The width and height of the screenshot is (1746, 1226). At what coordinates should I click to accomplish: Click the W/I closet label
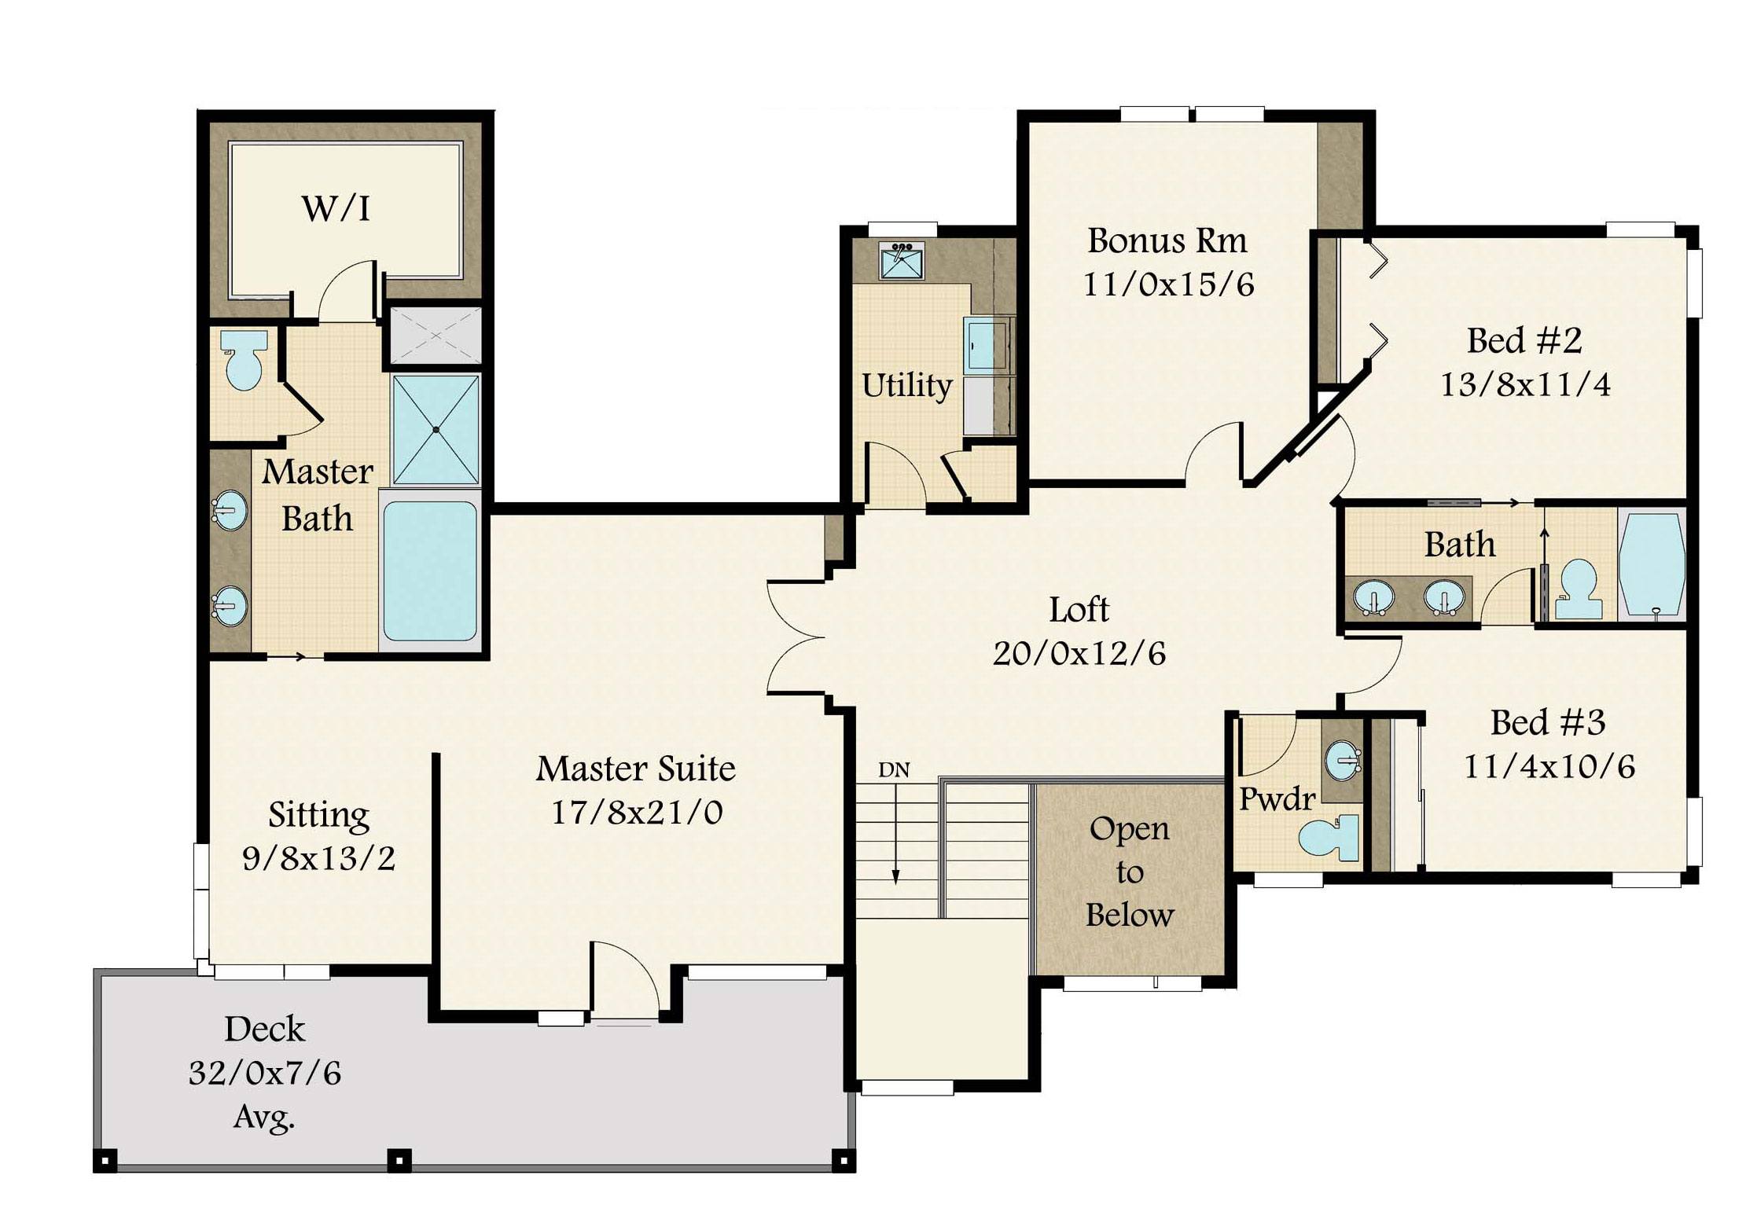pyautogui.click(x=336, y=208)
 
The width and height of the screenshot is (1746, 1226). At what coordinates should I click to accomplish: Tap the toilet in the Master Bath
pyautogui.click(x=244, y=360)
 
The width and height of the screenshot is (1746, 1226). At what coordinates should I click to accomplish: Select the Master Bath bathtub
pyautogui.click(x=430, y=571)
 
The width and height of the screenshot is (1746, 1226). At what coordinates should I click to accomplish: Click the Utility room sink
pyautogui.click(x=902, y=261)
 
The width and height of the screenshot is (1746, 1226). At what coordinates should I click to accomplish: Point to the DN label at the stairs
pyautogui.click(x=894, y=770)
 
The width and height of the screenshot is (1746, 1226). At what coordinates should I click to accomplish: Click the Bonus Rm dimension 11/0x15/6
pyautogui.click(x=1168, y=284)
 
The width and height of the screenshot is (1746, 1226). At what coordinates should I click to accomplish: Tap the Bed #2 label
pyautogui.click(x=1524, y=340)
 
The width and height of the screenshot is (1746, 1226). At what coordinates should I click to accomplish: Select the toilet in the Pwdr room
pyautogui.click(x=1329, y=838)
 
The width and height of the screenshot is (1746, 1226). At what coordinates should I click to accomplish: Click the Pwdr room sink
pyautogui.click(x=1343, y=760)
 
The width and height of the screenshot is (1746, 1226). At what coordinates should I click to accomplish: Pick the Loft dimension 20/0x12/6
pyautogui.click(x=1079, y=653)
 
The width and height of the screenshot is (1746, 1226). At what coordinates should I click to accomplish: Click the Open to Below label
pyautogui.click(x=1130, y=872)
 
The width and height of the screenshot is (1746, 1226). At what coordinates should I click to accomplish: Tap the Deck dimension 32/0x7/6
pyautogui.click(x=265, y=1073)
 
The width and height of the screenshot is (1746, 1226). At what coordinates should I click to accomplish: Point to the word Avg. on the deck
pyautogui.click(x=264, y=1117)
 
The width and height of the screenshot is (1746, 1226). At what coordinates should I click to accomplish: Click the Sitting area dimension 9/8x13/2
pyautogui.click(x=318, y=858)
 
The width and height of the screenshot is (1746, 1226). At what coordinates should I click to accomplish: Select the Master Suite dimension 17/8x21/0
pyautogui.click(x=636, y=813)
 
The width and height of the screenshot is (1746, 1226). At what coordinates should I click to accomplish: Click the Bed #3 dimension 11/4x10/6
pyautogui.click(x=1549, y=766)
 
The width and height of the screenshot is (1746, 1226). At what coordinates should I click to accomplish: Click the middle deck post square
pyautogui.click(x=399, y=1160)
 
